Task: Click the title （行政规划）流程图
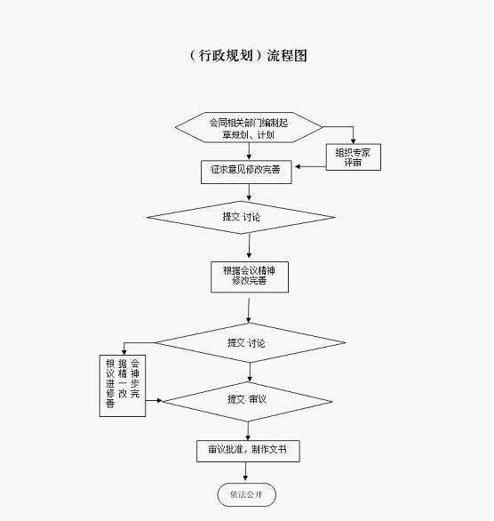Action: point(248,55)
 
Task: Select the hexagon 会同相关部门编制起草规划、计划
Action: point(249,128)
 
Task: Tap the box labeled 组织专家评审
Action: point(354,157)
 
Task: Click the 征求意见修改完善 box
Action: point(246,172)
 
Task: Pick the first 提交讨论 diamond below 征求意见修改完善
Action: point(241,217)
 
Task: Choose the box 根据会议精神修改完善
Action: point(250,277)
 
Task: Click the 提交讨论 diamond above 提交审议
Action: point(251,342)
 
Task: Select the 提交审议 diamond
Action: point(247,401)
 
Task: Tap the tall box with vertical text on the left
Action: point(123,386)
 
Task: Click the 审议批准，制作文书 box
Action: point(248,451)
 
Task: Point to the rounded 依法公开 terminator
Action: point(247,494)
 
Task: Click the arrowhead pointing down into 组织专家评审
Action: point(354,140)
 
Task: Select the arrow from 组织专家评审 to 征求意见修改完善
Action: point(310,166)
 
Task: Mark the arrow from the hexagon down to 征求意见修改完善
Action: point(249,151)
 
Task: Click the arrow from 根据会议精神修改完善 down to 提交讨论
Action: point(249,310)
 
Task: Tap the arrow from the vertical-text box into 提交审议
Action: point(154,400)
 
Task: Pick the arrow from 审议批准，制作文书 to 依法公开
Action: point(246,471)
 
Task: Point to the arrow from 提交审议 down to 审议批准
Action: point(248,431)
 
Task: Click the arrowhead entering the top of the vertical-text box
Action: point(124,352)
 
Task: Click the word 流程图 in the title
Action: point(287,55)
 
